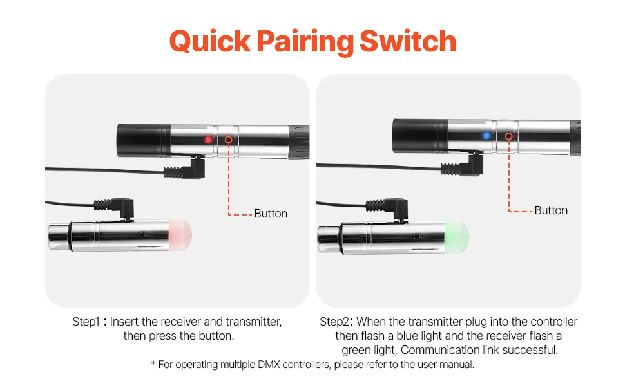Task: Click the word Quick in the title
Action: click(210, 42)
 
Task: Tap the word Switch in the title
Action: click(408, 41)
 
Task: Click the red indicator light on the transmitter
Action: click(208, 140)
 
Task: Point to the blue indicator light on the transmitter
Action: click(486, 135)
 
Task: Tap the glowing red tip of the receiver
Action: click(180, 235)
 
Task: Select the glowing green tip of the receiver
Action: click(457, 237)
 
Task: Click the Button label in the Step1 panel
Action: click(271, 214)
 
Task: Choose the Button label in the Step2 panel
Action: click(551, 210)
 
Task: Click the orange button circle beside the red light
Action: click(229, 140)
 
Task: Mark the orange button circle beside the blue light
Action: click(508, 136)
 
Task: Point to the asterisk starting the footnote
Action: click(153, 363)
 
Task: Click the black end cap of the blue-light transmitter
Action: click(420, 136)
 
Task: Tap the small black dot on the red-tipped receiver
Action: click(142, 235)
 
